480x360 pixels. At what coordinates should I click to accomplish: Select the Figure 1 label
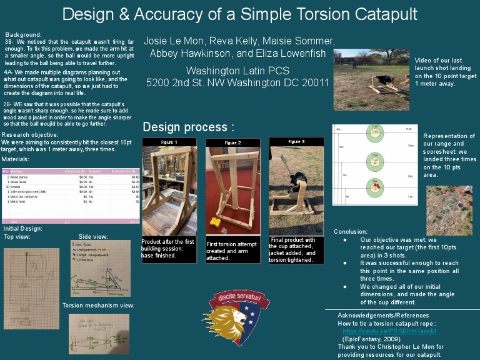point(169,142)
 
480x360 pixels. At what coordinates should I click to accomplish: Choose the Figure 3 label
point(296,142)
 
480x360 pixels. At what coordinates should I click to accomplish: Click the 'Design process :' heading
point(188,127)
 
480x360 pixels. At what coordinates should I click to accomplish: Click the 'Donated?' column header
point(95,170)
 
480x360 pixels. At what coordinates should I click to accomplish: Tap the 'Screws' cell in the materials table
point(17,186)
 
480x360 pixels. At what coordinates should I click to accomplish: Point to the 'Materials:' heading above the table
point(15,159)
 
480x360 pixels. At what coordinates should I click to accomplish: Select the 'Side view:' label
point(93,237)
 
